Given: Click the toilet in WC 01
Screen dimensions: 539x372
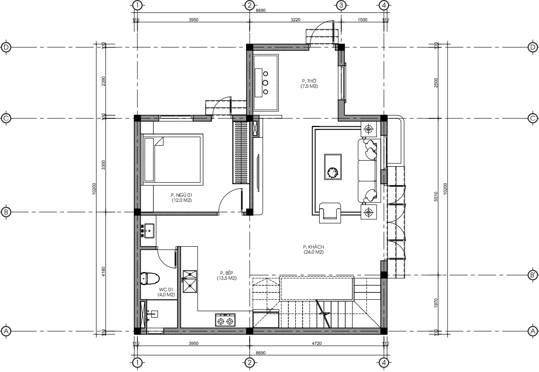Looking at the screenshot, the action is coord(150,279).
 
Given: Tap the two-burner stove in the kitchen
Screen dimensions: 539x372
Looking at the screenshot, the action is coord(225,320).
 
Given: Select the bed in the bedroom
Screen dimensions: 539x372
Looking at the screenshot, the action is coord(172,159).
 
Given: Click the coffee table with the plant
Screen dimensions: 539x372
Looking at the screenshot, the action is coord(333,167).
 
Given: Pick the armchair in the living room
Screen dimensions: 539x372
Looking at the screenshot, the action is coord(330,212).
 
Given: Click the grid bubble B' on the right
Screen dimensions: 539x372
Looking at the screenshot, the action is coord(533,275).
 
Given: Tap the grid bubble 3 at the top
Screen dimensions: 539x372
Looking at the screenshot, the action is coord(341,5).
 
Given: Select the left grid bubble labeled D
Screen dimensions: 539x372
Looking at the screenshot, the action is coord(6,47).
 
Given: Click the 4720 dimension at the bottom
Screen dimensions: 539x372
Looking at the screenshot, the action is coord(316,343).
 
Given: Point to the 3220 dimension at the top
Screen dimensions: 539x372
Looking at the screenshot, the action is coord(295,20).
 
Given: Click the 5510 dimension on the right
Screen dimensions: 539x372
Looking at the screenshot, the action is coord(436,197).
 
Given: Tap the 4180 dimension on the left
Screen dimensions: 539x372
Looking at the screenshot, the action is coord(103,272).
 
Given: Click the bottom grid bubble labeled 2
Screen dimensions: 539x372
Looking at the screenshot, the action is coord(249,363).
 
